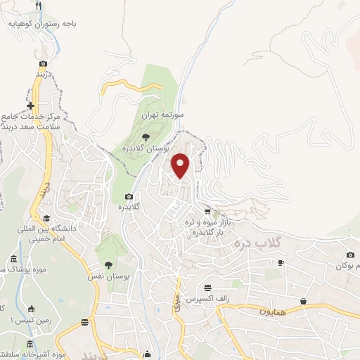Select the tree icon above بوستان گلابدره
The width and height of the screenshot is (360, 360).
coord(146,136)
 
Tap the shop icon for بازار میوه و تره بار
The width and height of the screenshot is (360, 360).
coord(207,211)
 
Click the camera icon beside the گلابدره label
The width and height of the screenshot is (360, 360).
coord(129,196)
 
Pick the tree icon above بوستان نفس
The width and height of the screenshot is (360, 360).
coord(108,264)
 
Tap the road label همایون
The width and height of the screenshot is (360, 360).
coord(274,310)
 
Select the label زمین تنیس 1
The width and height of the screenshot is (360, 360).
coord(19,320)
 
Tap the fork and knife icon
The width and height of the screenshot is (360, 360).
coord(39,6)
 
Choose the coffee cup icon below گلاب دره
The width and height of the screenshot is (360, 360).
coord(281,262)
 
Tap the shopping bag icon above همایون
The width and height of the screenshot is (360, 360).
coord(303,301)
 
